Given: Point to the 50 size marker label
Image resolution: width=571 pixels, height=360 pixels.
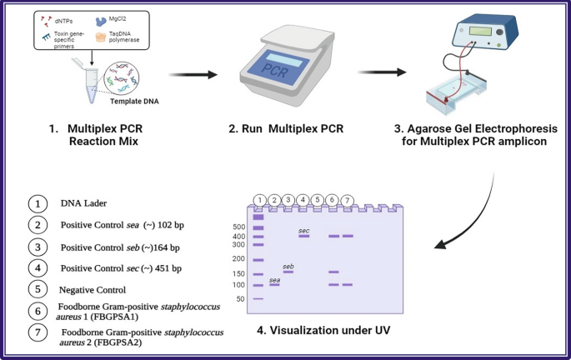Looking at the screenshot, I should coord(239,298).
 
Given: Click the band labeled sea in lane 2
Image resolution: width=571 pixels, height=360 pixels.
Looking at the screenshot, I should coord(274,285).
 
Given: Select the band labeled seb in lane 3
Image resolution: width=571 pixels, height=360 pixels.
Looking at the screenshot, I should coord(288,272).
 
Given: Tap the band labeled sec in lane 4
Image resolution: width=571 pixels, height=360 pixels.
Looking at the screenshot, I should coord(304,236).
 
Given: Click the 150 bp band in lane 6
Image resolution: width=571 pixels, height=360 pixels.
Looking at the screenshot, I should coord(333,272).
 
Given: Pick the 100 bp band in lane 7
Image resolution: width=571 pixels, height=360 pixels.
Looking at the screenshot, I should coord(348,285).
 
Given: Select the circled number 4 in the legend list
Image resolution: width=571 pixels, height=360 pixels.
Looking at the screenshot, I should coord(35,268).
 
